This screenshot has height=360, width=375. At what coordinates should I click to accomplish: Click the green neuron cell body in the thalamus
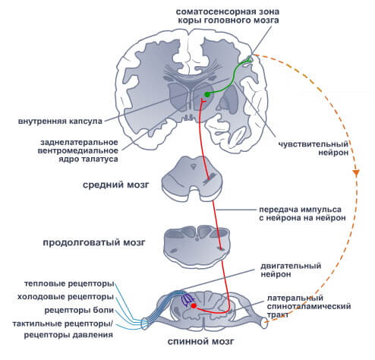click(207, 94)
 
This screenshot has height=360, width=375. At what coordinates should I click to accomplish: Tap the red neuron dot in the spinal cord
click(194, 306)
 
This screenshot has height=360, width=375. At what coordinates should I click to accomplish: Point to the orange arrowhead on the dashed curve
click(356, 173)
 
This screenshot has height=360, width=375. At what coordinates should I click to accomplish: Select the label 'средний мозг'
click(116, 185)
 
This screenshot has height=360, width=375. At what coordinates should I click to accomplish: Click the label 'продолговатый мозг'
click(94, 243)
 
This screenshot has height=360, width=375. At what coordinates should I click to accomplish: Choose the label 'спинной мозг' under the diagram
click(201, 342)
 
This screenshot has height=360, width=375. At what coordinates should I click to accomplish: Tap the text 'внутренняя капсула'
click(60, 121)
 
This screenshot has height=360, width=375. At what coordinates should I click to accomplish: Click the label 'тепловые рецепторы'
click(69, 283)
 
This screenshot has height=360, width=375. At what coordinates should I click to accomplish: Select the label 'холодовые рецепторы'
click(65, 296)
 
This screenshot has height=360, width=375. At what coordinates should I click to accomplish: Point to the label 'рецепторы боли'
click(79, 310)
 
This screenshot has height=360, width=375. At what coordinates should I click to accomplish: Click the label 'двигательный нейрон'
click(291, 270)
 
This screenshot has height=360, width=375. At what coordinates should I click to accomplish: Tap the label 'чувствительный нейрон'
click(314, 148)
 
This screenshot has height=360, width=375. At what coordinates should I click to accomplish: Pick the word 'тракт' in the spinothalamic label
click(278, 314)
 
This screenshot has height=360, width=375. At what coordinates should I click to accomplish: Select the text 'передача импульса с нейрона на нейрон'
click(302, 213)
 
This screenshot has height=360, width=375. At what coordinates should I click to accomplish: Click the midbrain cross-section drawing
click(192, 178)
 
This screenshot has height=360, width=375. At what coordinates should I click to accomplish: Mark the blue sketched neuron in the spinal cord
click(187, 300)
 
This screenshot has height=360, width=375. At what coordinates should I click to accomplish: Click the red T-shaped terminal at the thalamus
click(203, 102)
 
